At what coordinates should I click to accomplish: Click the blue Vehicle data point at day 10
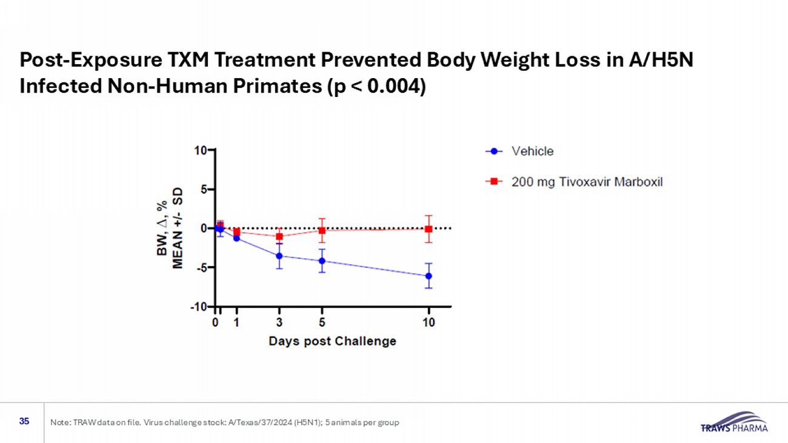click(x=429, y=276)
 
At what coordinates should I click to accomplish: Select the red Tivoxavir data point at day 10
click(x=429, y=229)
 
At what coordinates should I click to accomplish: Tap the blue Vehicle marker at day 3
click(x=279, y=256)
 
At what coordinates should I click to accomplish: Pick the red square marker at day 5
click(x=322, y=230)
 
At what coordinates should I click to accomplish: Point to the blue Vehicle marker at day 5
click(x=322, y=261)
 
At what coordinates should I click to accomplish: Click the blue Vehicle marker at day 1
click(x=236, y=238)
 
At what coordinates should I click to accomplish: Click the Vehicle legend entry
click(x=532, y=152)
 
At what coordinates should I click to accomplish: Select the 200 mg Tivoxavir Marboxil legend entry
click(x=587, y=182)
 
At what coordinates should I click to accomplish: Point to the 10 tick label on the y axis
click(x=200, y=150)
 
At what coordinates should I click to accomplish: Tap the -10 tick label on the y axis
click(x=198, y=307)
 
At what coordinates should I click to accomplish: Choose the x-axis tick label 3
click(x=279, y=323)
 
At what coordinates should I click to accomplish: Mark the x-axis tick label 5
click(x=322, y=323)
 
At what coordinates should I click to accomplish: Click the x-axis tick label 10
click(x=429, y=323)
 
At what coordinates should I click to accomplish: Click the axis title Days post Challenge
click(x=332, y=341)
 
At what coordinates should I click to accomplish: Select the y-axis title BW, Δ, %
click(x=162, y=228)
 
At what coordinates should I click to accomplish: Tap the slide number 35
click(x=24, y=421)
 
